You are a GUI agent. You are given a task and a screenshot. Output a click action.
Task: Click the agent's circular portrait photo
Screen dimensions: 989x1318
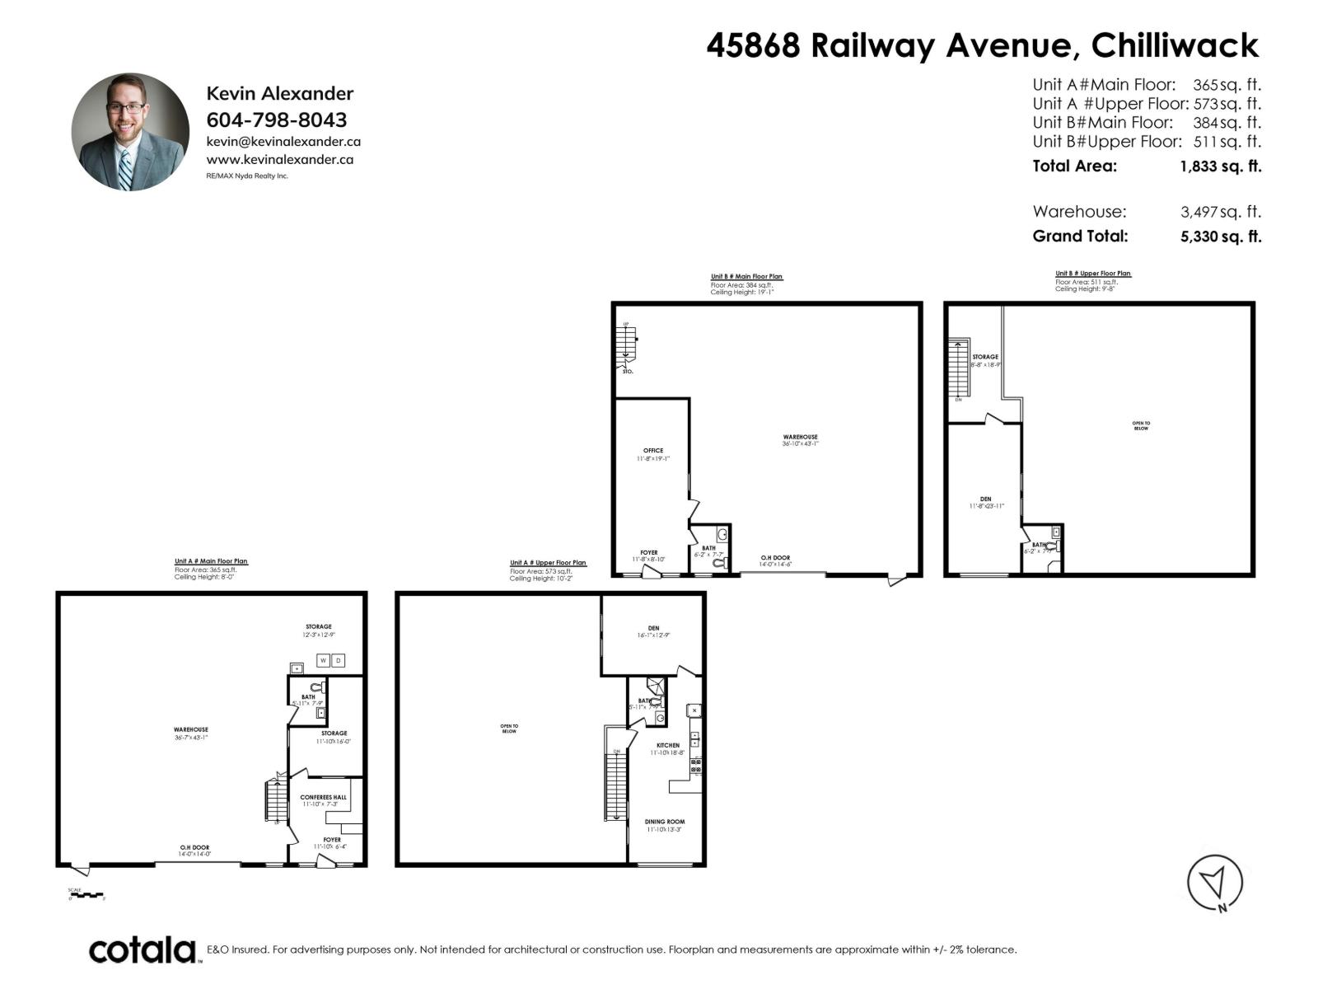[x=130, y=132]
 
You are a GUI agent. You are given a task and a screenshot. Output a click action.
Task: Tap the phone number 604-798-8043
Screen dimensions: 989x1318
[x=276, y=120]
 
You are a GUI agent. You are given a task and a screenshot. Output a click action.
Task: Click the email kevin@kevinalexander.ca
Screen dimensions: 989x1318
[x=283, y=142]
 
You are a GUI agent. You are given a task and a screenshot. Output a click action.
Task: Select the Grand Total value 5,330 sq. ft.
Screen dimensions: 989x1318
[x=1220, y=236]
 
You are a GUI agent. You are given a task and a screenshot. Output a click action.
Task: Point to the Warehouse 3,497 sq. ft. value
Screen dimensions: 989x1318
[x=1220, y=212]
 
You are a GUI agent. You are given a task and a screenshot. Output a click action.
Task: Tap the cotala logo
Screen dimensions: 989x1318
[x=143, y=949]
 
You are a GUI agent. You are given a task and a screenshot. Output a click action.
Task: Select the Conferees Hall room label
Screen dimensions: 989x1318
[x=324, y=797]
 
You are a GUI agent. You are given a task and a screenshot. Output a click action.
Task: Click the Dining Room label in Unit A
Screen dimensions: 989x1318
[x=665, y=822]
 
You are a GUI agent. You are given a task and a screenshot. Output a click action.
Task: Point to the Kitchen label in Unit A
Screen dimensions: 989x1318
[x=668, y=745]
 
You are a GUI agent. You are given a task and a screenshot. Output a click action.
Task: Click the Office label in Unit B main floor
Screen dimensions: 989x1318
[x=653, y=451]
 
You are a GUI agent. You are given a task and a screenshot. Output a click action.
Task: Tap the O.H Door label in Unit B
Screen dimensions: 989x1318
[x=775, y=558]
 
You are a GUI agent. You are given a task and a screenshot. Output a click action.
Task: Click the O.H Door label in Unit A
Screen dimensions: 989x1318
[x=194, y=847]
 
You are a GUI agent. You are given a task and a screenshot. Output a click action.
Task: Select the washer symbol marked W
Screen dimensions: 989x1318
[x=324, y=660]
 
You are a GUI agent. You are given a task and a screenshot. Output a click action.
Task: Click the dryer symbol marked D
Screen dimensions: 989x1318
[x=338, y=660]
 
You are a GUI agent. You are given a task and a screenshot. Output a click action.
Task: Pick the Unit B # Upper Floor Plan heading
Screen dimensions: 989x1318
[x=1093, y=274]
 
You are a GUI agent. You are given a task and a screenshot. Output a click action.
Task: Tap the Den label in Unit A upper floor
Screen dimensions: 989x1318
[x=653, y=628]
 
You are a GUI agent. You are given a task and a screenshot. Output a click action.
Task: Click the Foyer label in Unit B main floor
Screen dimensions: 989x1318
[x=649, y=553]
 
